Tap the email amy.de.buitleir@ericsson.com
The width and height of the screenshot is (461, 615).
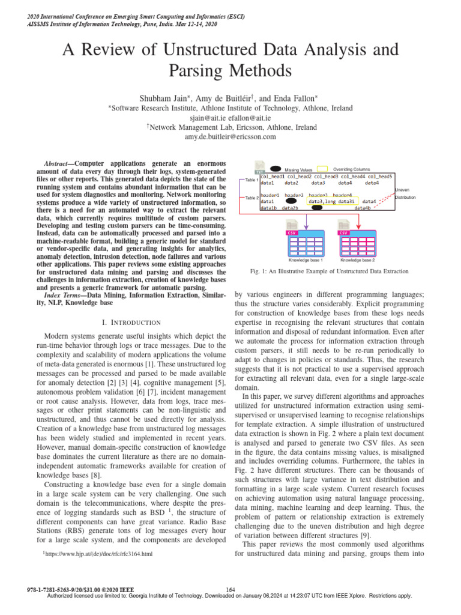(230, 137)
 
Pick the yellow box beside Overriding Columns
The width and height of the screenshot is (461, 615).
(322, 169)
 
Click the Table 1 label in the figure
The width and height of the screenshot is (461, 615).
(248, 180)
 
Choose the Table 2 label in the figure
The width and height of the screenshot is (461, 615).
(248, 197)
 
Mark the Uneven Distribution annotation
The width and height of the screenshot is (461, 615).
(403, 193)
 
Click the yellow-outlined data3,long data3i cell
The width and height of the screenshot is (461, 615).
(331, 202)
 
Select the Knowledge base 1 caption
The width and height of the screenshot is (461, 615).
(306, 260)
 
